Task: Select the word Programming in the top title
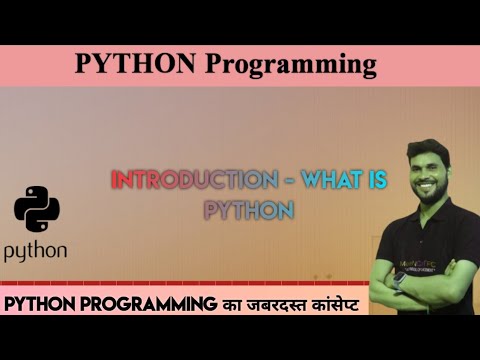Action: (x=291, y=65)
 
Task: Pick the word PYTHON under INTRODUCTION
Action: (x=248, y=211)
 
